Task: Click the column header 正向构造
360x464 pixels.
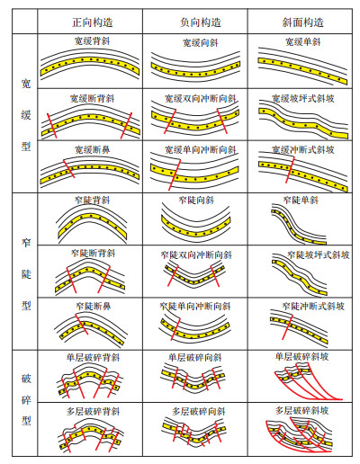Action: [93, 22]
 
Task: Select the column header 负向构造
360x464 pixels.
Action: [200, 22]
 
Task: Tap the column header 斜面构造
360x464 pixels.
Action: [303, 22]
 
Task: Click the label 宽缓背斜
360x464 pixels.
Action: [93, 40]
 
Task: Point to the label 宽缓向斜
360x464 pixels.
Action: [200, 43]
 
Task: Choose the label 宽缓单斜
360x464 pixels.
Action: [303, 41]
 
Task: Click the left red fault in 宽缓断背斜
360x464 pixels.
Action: [52, 126]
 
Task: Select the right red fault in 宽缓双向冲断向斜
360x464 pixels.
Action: [222, 120]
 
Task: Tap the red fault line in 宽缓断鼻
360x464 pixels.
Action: [69, 168]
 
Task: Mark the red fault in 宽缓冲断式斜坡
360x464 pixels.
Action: [290, 170]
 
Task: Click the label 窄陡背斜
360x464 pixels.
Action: [93, 200]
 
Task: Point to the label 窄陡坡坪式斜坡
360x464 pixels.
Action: [319, 255]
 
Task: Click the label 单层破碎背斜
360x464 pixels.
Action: [93, 358]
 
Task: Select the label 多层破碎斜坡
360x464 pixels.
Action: [301, 410]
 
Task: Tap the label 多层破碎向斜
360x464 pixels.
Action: [199, 411]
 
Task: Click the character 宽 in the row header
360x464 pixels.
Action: [26, 84]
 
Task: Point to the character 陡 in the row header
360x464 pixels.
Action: [26, 273]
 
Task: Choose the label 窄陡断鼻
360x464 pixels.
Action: [94, 306]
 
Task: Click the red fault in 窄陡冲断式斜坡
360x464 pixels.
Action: [287, 326]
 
